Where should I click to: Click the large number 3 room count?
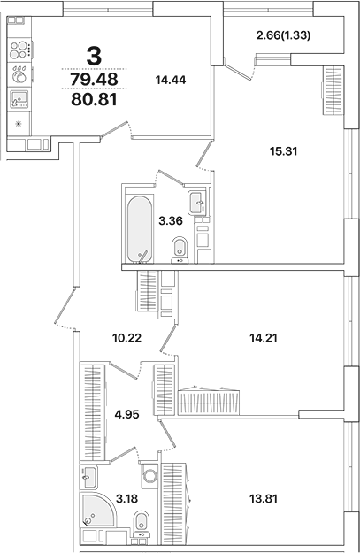tap(94, 56)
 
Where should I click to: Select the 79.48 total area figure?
tap(94, 80)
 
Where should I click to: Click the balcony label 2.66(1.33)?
tap(287, 35)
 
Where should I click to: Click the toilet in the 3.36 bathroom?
tap(180, 250)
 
